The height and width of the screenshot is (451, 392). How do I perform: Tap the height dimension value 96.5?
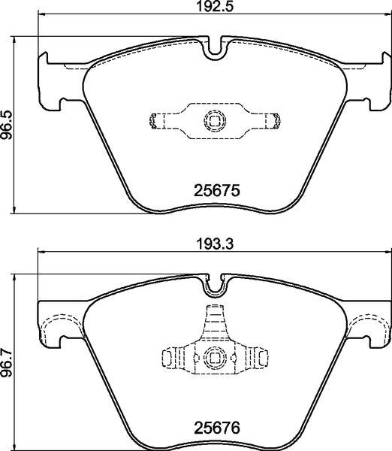pyautogui.click(x=8, y=124)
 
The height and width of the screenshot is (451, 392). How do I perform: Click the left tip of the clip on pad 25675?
pyautogui.click(x=155, y=120)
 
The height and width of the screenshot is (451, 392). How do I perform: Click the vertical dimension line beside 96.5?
pyautogui.click(x=17, y=124)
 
